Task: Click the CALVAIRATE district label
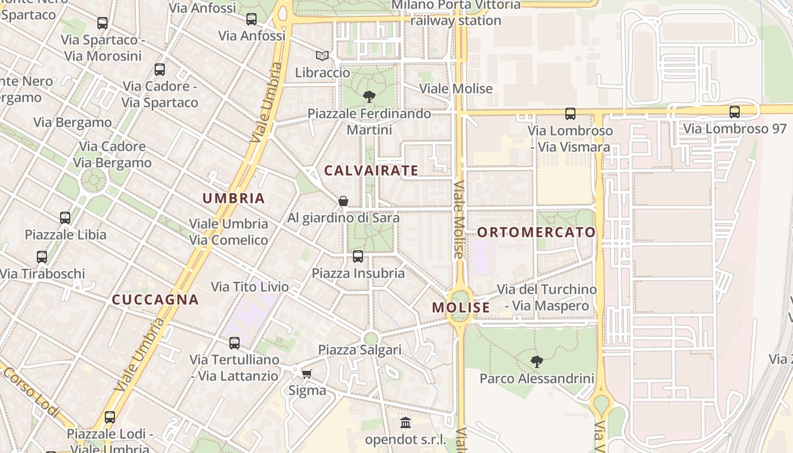371,170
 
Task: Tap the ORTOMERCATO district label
536,232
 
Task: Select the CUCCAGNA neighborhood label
155,300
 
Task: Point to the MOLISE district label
461,307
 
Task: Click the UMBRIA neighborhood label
233,198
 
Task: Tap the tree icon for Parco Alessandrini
536,361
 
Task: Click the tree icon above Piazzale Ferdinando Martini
369,96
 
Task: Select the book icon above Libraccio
322,56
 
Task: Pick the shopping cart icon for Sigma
307,374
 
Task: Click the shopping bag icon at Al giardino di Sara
343,201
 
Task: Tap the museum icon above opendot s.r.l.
406,423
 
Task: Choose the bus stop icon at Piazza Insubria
358,257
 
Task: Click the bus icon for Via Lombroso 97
734,112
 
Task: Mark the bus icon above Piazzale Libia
65,218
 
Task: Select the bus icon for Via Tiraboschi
42,257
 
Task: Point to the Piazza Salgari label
360,350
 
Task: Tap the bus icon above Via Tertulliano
234,343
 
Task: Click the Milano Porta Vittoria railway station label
455,12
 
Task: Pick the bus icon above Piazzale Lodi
110,417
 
